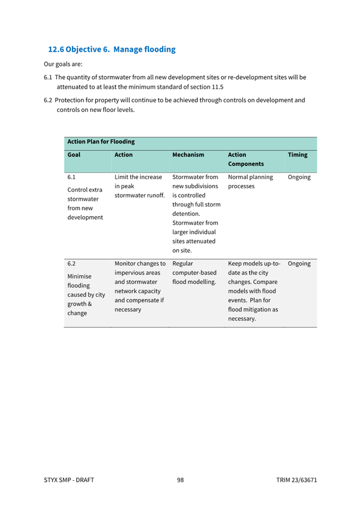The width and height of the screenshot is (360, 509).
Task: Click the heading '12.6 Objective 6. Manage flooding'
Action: point(111,50)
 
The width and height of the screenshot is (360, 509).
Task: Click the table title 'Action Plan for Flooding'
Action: point(101,142)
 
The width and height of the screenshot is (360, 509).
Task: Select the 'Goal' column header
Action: point(74,155)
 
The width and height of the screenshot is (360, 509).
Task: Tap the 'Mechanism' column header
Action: point(188,155)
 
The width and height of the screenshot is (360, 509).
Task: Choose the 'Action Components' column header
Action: point(245,159)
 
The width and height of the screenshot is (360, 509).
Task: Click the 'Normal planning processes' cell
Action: point(250,182)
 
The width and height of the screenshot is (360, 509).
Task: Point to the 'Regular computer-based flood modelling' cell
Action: point(194,272)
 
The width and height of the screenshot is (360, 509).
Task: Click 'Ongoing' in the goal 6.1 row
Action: point(299,177)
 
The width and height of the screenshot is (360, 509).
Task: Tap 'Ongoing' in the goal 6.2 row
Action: point(299,263)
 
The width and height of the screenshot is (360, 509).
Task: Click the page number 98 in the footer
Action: point(180,480)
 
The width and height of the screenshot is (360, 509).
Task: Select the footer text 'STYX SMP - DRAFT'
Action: point(69,480)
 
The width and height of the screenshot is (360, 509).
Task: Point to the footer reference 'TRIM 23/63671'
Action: point(297,480)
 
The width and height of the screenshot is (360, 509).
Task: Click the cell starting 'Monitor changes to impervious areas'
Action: point(140,286)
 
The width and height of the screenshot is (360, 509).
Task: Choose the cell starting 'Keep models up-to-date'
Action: point(254,291)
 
